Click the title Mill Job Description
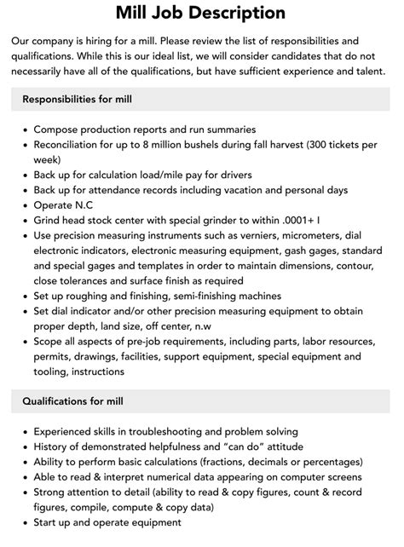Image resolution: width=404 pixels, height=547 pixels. point(201,13)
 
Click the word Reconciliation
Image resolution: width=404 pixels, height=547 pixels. point(72,145)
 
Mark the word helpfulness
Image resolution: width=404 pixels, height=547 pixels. point(166,446)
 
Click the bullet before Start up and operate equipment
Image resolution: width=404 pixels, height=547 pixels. point(23,522)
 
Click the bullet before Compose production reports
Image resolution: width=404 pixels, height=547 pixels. point(23,130)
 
